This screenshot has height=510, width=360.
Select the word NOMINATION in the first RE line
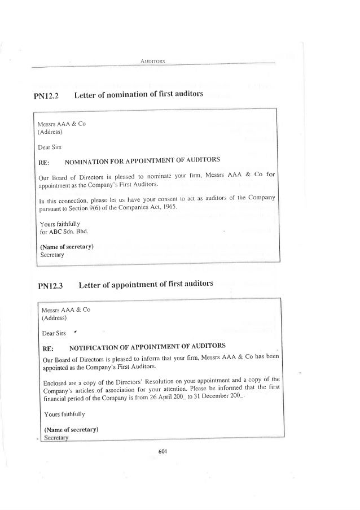coord(89,161)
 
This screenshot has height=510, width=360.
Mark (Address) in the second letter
coord(55,318)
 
